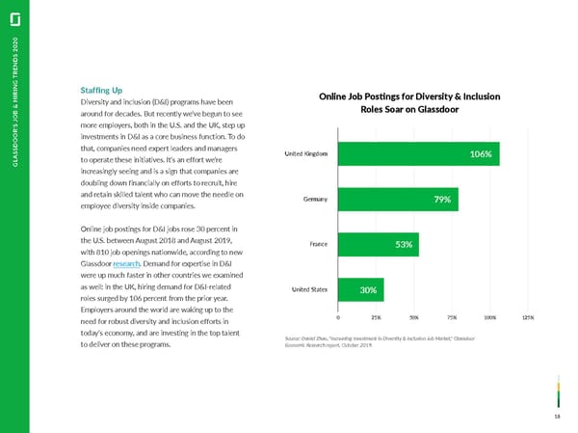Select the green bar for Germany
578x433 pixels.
point(398,200)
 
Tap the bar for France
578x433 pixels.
point(379,244)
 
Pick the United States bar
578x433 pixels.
point(361,289)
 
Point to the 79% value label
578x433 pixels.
point(442,200)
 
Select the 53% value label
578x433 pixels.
point(405,244)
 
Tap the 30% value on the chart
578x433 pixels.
point(368,289)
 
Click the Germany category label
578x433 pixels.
point(314,200)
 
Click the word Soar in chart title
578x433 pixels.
point(380,109)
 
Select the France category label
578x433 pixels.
point(321,244)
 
